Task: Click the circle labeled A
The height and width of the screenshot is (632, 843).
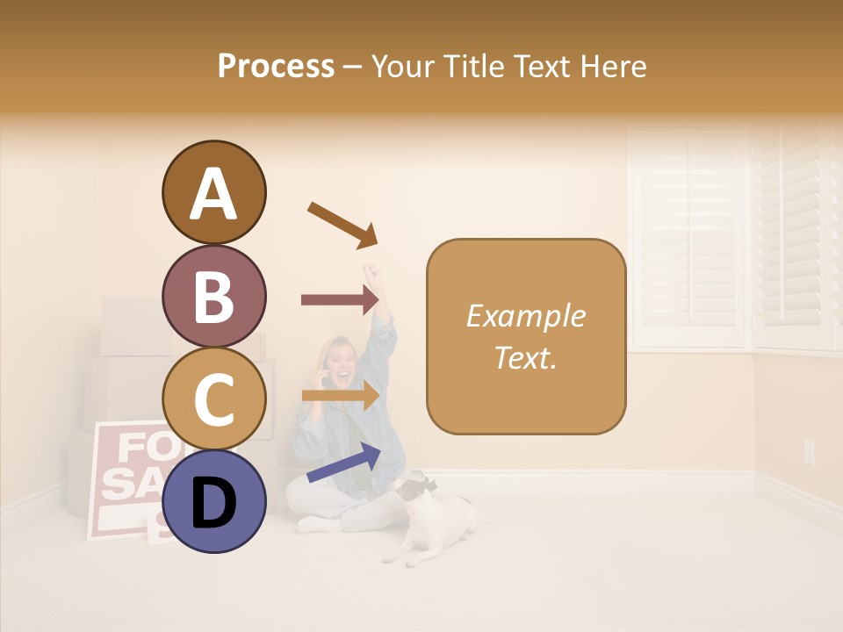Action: (x=213, y=193)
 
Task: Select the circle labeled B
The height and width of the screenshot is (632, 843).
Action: (x=213, y=297)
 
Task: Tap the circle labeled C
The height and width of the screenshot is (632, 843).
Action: (x=213, y=399)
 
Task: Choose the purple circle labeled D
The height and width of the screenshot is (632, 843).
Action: (x=213, y=501)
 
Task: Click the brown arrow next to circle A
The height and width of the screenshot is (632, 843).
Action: (x=342, y=224)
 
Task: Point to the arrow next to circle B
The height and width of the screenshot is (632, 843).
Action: (x=340, y=299)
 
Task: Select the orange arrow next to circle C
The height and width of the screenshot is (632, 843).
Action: (x=340, y=396)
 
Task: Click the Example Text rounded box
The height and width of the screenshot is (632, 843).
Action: (x=526, y=336)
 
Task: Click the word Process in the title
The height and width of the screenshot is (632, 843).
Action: (x=276, y=66)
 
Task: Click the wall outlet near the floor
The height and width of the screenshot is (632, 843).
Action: (x=809, y=451)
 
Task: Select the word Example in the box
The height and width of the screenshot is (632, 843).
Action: (x=525, y=316)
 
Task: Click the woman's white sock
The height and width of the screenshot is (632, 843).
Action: (x=312, y=524)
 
